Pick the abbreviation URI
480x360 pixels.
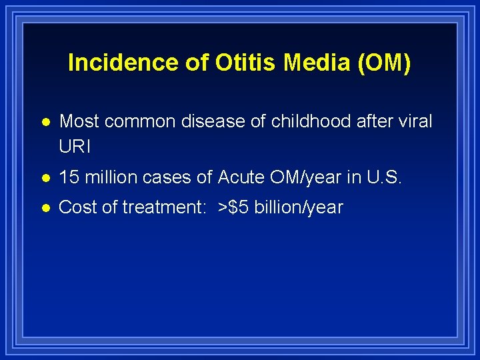point(74,146)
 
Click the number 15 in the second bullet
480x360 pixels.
point(69,177)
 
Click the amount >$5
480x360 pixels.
point(235,207)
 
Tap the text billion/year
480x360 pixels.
point(299,207)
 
